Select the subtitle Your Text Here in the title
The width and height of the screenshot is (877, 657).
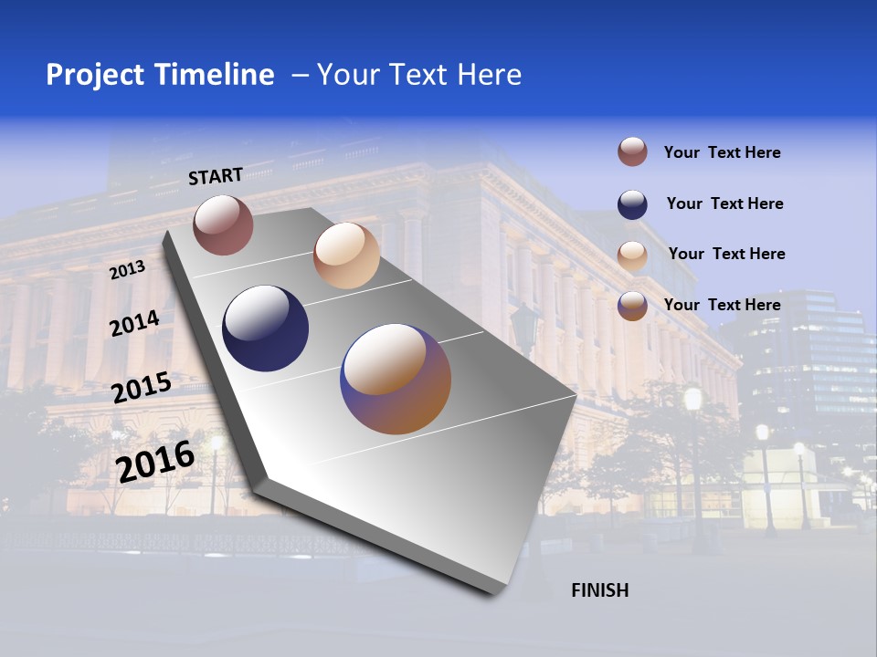[x=418, y=75]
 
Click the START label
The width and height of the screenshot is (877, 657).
[x=216, y=176]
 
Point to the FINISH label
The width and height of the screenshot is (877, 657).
[x=599, y=590]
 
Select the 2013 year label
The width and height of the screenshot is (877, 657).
[x=127, y=270]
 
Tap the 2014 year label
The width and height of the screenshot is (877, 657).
[x=134, y=324]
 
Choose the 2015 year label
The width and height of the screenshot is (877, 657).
[x=141, y=388]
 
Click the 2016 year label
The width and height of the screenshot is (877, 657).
[x=155, y=462]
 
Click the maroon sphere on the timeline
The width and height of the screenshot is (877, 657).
[x=223, y=224]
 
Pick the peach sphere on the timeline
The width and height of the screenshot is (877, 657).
[x=346, y=255]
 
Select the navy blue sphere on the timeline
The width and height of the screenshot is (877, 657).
[x=266, y=328]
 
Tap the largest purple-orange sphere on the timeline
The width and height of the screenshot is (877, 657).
[x=396, y=379]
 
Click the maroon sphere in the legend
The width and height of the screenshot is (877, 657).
[x=632, y=151]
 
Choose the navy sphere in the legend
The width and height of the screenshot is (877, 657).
[x=632, y=204]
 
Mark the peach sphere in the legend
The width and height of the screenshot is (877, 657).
[x=632, y=255]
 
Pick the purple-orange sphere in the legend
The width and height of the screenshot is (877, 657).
[x=632, y=306]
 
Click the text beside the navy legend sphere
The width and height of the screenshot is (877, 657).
[x=724, y=203]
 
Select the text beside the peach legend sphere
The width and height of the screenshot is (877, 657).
[x=726, y=254]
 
